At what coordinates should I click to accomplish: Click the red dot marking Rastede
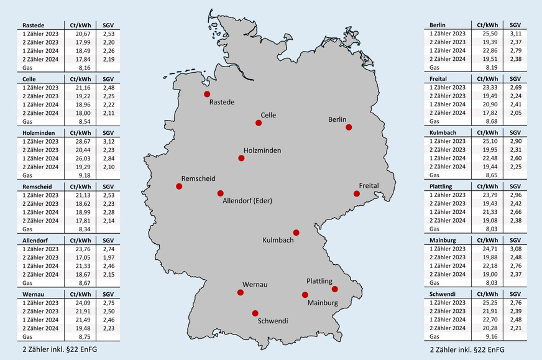207,94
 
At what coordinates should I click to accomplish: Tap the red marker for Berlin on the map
349,127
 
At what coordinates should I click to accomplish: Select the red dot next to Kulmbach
296,233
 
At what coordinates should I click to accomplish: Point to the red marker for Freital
357,193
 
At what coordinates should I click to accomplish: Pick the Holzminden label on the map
262,150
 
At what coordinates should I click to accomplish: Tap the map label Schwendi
273,321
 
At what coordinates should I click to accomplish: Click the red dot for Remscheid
179,186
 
